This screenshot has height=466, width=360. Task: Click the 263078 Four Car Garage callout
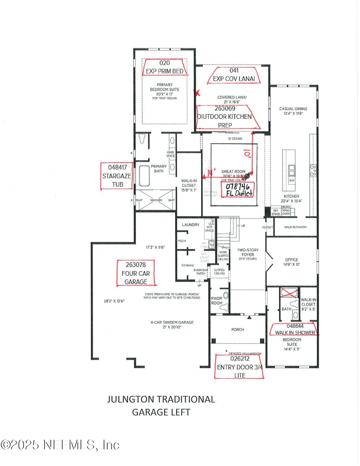tap(136, 273)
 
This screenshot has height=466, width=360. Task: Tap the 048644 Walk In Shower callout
tap(295, 329)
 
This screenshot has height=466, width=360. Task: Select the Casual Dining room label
tap(293, 111)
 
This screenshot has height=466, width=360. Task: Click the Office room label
tap(292, 262)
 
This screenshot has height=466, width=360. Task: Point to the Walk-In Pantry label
tap(295, 227)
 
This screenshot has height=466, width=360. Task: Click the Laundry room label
tap(190, 225)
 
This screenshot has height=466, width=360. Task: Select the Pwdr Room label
tap(217, 301)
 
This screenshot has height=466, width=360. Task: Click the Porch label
tap(238, 330)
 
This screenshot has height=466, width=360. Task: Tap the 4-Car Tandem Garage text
tap(172, 325)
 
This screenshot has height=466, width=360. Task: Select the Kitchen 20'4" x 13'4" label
tap(292, 199)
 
